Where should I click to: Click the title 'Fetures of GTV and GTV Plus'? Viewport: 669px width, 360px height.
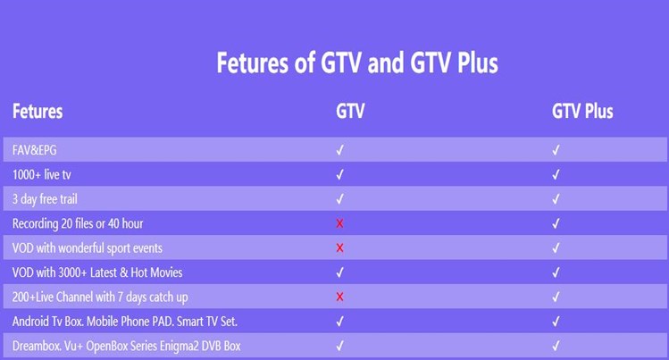(x=357, y=63)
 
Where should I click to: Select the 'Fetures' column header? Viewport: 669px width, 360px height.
(x=38, y=112)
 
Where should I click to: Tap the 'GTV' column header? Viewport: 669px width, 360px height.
(x=350, y=112)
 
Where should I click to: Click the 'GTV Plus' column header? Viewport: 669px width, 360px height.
(x=582, y=112)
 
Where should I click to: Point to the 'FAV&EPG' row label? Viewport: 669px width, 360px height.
(x=34, y=150)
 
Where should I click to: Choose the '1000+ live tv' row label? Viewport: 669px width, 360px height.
(x=42, y=174)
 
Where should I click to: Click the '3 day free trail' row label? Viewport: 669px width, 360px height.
(x=45, y=199)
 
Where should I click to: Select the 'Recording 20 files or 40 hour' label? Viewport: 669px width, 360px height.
(x=78, y=223)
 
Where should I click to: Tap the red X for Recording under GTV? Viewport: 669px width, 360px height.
(x=339, y=223)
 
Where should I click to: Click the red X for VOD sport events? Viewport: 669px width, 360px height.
(x=339, y=247)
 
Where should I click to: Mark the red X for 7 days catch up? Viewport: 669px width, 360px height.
(x=339, y=297)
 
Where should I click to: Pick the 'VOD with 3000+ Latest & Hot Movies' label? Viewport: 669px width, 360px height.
(x=97, y=272)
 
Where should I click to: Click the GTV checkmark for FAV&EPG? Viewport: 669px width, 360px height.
(x=340, y=150)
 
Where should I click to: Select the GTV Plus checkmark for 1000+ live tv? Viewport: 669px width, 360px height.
(x=556, y=174)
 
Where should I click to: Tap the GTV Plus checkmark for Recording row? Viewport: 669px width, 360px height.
(x=556, y=223)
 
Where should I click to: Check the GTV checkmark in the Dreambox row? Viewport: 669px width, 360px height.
(x=340, y=346)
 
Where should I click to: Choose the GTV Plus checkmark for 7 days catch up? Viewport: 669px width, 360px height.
(x=556, y=297)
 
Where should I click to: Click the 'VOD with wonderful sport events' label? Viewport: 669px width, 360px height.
(x=88, y=248)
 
